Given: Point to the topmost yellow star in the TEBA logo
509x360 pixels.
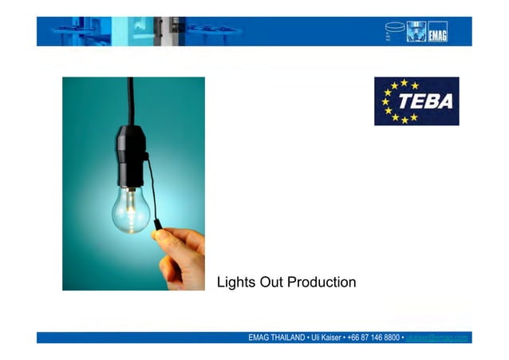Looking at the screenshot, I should pyautogui.click(x=404, y=82).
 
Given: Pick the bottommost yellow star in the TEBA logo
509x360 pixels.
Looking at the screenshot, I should pyautogui.click(x=404, y=121).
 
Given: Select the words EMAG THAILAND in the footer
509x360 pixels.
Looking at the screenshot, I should pyautogui.click(x=276, y=338).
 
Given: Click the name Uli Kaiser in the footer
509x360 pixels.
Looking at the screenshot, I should pyautogui.click(x=326, y=338).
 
